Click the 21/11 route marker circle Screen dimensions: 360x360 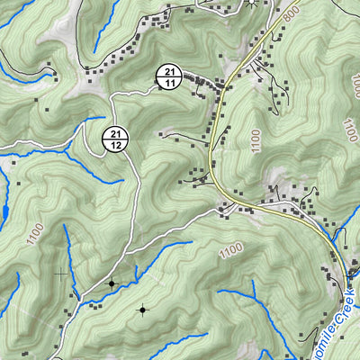(x=168, y=77)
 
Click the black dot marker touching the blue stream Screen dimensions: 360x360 (x=112, y=283)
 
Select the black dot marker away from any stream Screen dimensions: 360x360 (x=141, y=310)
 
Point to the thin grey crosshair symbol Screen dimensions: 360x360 (x=60, y=273)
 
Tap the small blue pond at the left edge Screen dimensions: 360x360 (x=4, y=212)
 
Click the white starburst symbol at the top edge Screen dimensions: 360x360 (x=251, y=3)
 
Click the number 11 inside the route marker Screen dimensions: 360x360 (x=168, y=83)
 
